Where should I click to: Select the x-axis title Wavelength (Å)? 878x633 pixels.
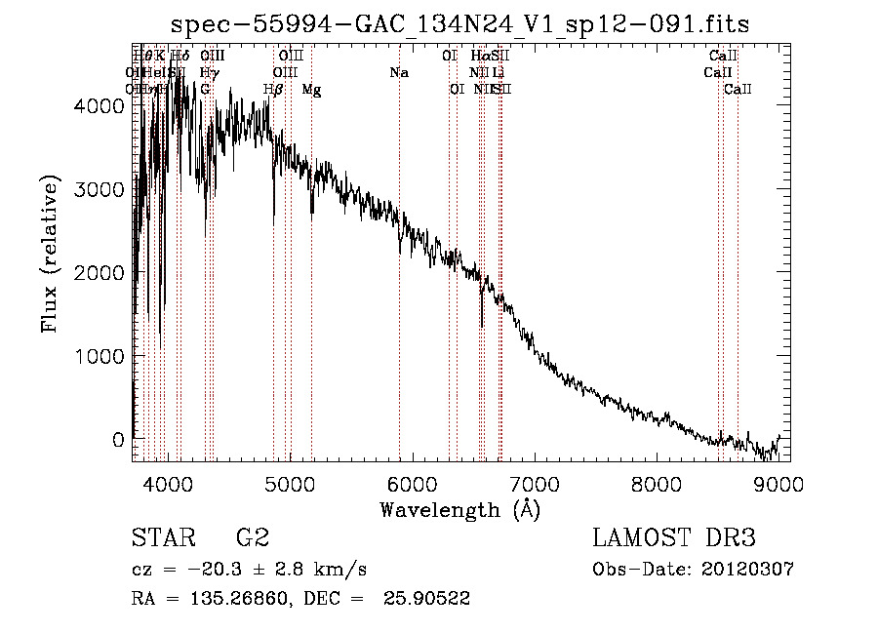tap(459, 509)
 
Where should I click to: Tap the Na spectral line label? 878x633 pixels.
tap(398, 72)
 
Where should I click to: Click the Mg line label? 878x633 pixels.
tap(311, 90)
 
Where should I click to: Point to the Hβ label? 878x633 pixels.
tap(273, 90)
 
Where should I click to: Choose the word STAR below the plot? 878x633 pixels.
tap(160, 538)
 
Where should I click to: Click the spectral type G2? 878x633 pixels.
tap(253, 538)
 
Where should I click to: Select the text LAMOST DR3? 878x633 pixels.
tap(674, 538)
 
